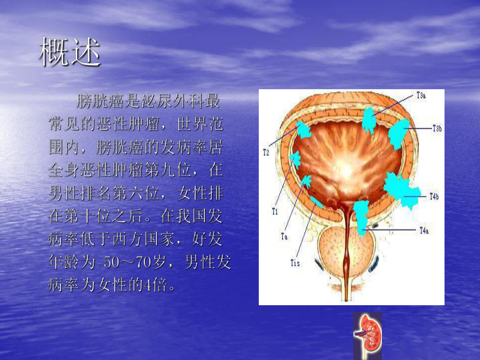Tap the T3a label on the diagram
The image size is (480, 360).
(421, 95)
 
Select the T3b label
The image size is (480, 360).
(437, 127)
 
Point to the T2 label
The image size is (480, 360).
(266, 152)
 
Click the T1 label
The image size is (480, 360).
(274, 211)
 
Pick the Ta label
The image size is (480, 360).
(284, 236)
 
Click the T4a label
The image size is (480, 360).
(424, 230)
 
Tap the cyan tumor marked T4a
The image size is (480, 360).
(361, 215)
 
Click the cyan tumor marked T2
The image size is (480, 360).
(303, 130)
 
